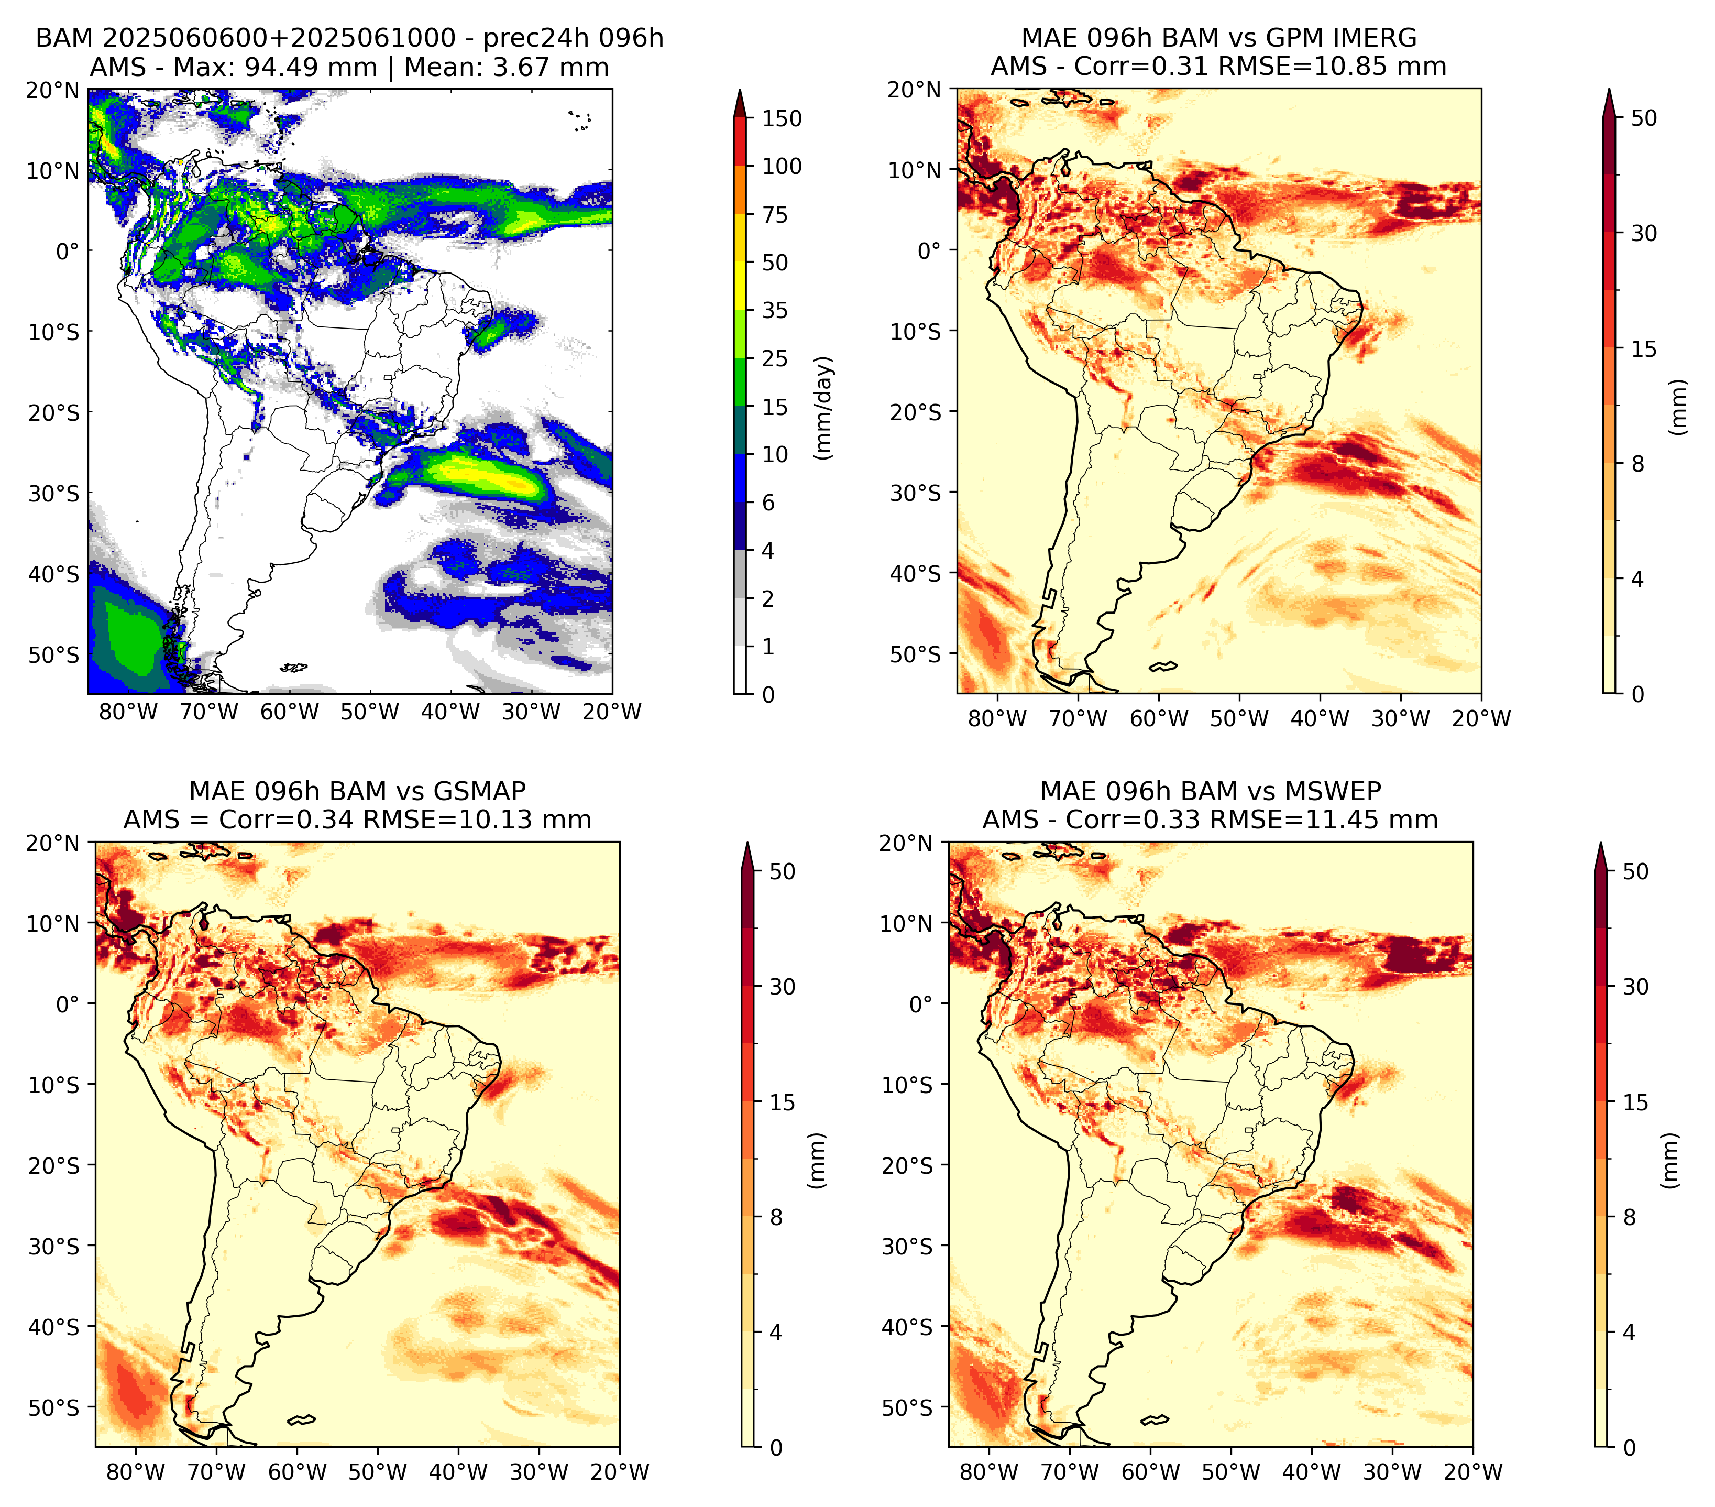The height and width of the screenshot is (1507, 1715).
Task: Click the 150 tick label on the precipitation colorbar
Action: click(781, 118)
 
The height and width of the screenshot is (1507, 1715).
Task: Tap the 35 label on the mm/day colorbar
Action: click(774, 310)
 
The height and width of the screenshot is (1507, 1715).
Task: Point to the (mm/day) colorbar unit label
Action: click(825, 408)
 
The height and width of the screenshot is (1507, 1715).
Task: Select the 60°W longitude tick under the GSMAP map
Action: click(297, 1472)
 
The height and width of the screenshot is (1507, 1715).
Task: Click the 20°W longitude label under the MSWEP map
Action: click(1472, 1472)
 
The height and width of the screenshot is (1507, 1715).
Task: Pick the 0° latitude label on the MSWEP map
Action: click(921, 1003)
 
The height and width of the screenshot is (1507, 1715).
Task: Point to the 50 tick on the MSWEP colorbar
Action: click(1635, 872)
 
